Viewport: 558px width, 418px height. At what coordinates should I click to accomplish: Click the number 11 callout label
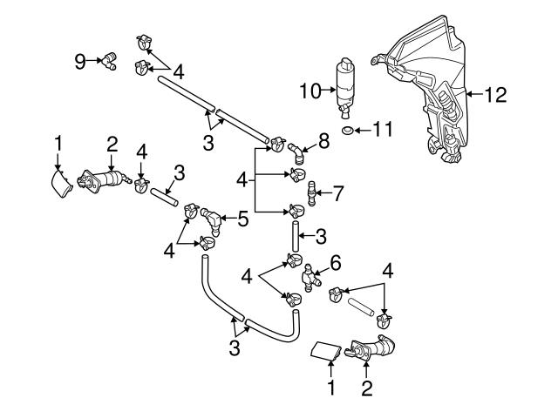point(383,131)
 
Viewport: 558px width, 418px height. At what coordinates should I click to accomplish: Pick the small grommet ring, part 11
point(347,131)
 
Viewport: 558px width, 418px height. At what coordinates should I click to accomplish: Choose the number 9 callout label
point(80,60)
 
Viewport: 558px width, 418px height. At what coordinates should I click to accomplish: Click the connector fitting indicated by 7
point(314,191)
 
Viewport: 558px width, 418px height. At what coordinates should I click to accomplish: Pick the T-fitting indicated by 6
point(309,277)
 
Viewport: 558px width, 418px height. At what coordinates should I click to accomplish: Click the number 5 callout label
point(242,220)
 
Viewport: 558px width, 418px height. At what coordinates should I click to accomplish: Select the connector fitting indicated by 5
point(213,218)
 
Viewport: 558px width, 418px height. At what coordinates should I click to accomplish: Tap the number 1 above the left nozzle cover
point(58,141)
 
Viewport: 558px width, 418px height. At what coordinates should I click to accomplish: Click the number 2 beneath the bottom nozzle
point(367,389)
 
